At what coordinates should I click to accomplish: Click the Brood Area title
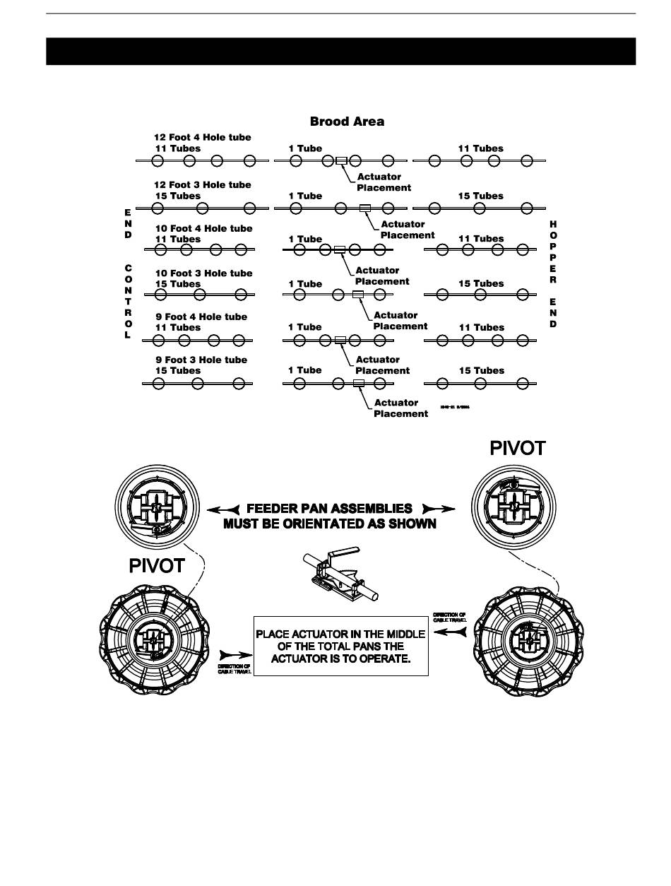point(347,122)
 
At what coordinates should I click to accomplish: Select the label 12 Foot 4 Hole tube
point(203,137)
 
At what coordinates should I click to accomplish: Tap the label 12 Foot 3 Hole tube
point(203,184)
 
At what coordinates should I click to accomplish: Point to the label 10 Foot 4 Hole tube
point(203,228)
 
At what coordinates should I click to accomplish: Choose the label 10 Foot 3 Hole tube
point(203,273)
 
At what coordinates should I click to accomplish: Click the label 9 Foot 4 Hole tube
point(201,317)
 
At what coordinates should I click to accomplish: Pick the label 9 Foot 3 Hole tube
point(201,360)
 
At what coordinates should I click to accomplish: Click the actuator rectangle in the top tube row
point(341,161)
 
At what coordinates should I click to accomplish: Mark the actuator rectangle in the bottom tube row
point(359,384)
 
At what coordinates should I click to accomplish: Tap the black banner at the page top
point(340,52)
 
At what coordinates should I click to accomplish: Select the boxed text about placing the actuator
point(340,646)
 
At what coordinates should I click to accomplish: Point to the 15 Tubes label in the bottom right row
point(482,370)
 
